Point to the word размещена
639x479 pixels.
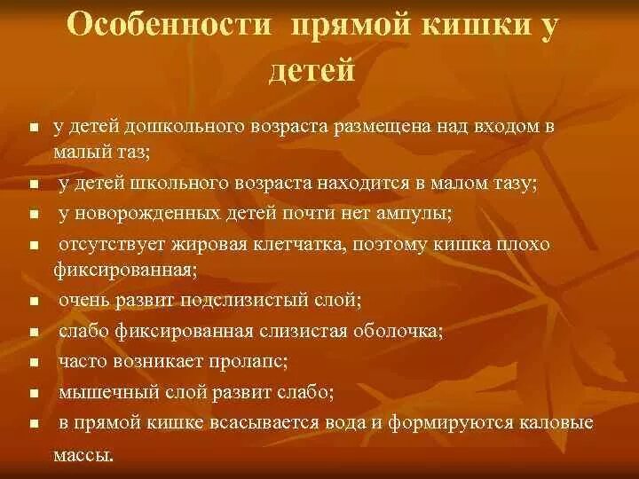(x=381, y=126)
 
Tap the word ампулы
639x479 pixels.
(x=414, y=213)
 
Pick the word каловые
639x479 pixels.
(x=551, y=422)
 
